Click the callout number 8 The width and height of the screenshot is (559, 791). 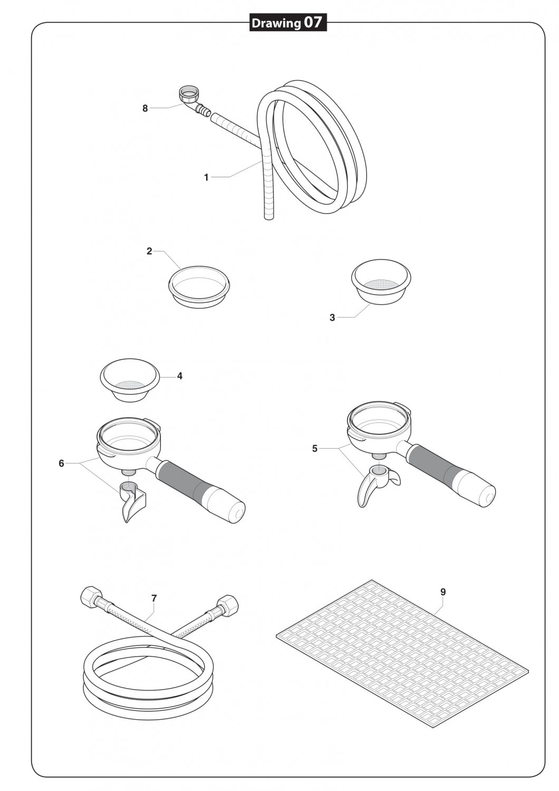coord(145,109)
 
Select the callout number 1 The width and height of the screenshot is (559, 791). coord(207,178)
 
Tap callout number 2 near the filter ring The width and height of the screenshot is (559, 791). coord(149,251)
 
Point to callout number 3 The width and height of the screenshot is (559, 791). coord(332,317)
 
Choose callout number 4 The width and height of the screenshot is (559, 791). coord(180,376)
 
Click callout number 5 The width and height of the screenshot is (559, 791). coord(315,449)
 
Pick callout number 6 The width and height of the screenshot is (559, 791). coord(62,464)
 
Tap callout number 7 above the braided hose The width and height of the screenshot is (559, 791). coord(154,598)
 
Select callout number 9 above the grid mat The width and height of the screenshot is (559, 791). coord(443,592)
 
